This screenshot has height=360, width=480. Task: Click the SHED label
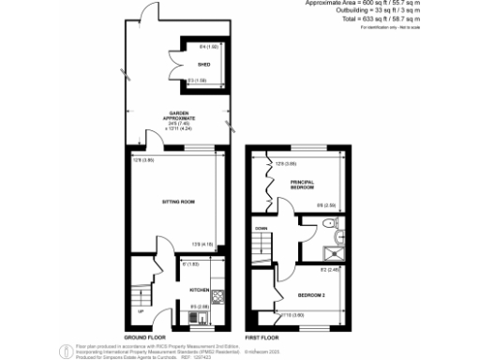click(202, 65)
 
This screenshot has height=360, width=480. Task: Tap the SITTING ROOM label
click(178, 201)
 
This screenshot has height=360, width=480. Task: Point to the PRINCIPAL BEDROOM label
click(301, 184)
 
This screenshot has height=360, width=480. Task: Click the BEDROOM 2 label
click(312, 295)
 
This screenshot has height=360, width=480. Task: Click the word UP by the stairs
click(142, 311)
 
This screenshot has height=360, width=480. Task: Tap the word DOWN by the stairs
click(262, 228)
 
